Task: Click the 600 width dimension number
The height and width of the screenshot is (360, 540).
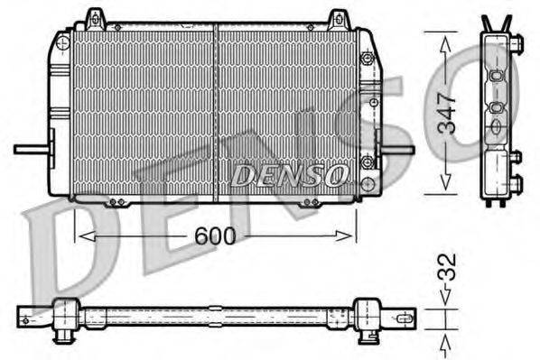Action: pos(216,236)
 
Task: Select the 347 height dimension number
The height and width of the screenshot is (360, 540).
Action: pos(446,114)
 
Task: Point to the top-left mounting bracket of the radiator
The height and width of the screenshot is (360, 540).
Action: pos(94,18)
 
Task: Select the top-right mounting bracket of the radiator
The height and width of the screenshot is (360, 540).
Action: pos(338,19)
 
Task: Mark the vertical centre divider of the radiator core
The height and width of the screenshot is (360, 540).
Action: pos(216,113)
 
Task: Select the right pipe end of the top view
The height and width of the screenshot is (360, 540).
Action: pos(405,317)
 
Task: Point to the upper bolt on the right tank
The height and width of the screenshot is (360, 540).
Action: pos(366,58)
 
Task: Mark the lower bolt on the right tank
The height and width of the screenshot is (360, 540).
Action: pos(367,163)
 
